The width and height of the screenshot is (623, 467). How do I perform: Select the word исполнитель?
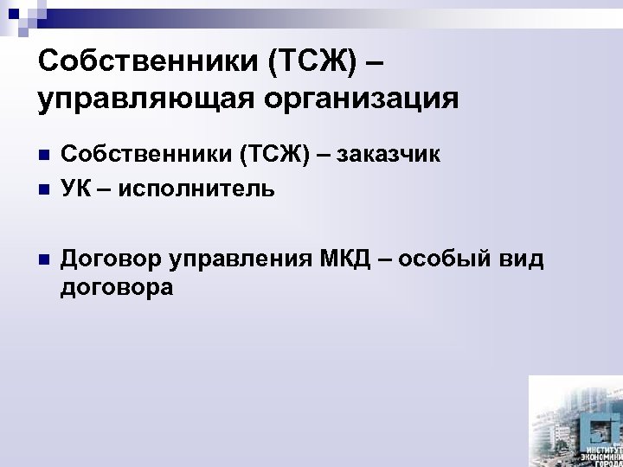pos(199,187)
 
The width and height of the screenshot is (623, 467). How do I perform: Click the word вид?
pos(522,258)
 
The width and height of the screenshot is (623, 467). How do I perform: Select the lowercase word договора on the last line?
pos(117,288)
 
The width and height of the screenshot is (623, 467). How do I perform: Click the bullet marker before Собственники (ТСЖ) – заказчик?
pos(43,157)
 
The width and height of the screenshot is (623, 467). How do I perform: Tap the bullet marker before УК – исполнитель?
pos(43,187)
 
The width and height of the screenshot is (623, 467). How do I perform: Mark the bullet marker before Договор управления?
pos(43,258)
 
